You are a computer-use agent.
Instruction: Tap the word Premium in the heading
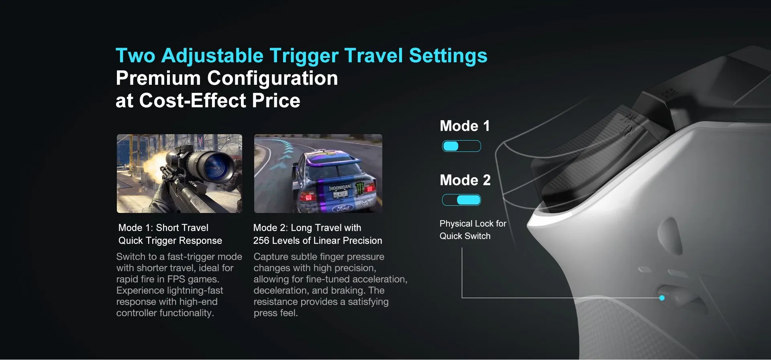pyautogui.click(x=158, y=78)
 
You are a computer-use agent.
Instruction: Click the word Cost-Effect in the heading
pyautogui.click(x=192, y=100)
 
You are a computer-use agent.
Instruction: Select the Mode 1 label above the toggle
pyautogui.click(x=465, y=126)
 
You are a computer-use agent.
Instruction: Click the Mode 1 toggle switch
pyautogui.click(x=461, y=146)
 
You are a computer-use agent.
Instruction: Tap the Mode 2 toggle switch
pyautogui.click(x=461, y=200)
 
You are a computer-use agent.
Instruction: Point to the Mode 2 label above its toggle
pyautogui.click(x=465, y=180)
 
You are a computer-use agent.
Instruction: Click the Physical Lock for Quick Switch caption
pyautogui.click(x=473, y=230)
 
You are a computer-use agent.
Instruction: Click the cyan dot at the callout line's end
pyautogui.click(x=662, y=298)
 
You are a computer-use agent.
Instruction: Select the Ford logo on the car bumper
pyautogui.click(x=343, y=208)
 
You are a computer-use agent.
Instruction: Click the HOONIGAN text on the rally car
pyautogui.click(x=340, y=188)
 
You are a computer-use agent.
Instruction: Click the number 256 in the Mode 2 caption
pyautogui.click(x=261, y=241)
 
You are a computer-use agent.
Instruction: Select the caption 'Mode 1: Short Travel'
pyautogui.click(x=163, y=228)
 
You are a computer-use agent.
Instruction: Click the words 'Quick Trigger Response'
pyautogui.click(x=170, y=241)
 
